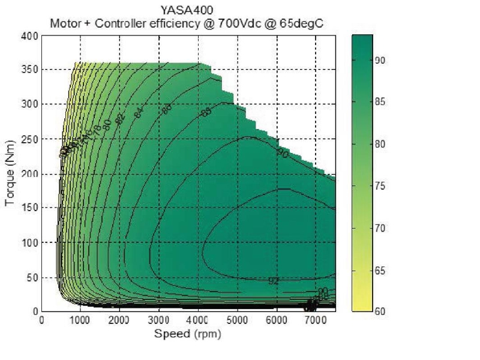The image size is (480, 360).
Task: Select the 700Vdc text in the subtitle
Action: pyautogui.click(x=248, y=24)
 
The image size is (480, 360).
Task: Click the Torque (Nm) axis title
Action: pyautogui.click(x=10, y=173)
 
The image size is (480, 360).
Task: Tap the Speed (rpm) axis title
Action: pyautogui.click(x=188, y=334)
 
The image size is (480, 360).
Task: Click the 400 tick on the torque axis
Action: pyautogui.click(x=31, y=35)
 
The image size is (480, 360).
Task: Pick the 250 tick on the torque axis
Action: pyautogui.click(x=31, y=139)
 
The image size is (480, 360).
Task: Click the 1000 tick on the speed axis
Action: pyautogui.click(x=80, y=320)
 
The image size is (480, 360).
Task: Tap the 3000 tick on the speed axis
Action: pyautogui.click(x=159, y=320)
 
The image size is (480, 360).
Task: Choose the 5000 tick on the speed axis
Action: pyautogui.click(x=238, y=320)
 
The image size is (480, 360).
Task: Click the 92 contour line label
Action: pyautogui.click(x=274, y=281)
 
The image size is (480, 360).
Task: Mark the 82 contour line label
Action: pyautogui.click(x=119, y=119)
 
